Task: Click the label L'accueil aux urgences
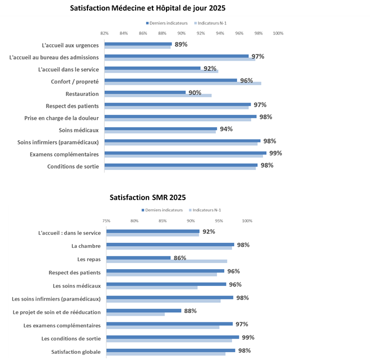click(x=70, y=45)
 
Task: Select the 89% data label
click(x=181, y=44)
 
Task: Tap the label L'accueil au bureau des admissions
click(x=54, y=57)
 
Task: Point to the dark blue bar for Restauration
click(x=145, y=93)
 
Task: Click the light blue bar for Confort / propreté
click(x=183, y=84)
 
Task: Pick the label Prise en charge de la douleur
click(x=62, y=118)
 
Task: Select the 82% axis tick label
click(x=104, y=33)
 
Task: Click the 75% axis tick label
click(x=106, y=220)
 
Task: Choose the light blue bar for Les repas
click(x=166, y=261)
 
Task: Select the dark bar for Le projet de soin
click(x=144, y=311)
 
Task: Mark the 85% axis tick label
click(x=163, y=220)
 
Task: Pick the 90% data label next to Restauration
click(x=194, y=93)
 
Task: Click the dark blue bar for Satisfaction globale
click(x=170, y=350)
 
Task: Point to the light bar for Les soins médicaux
click(x=152, y=288)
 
